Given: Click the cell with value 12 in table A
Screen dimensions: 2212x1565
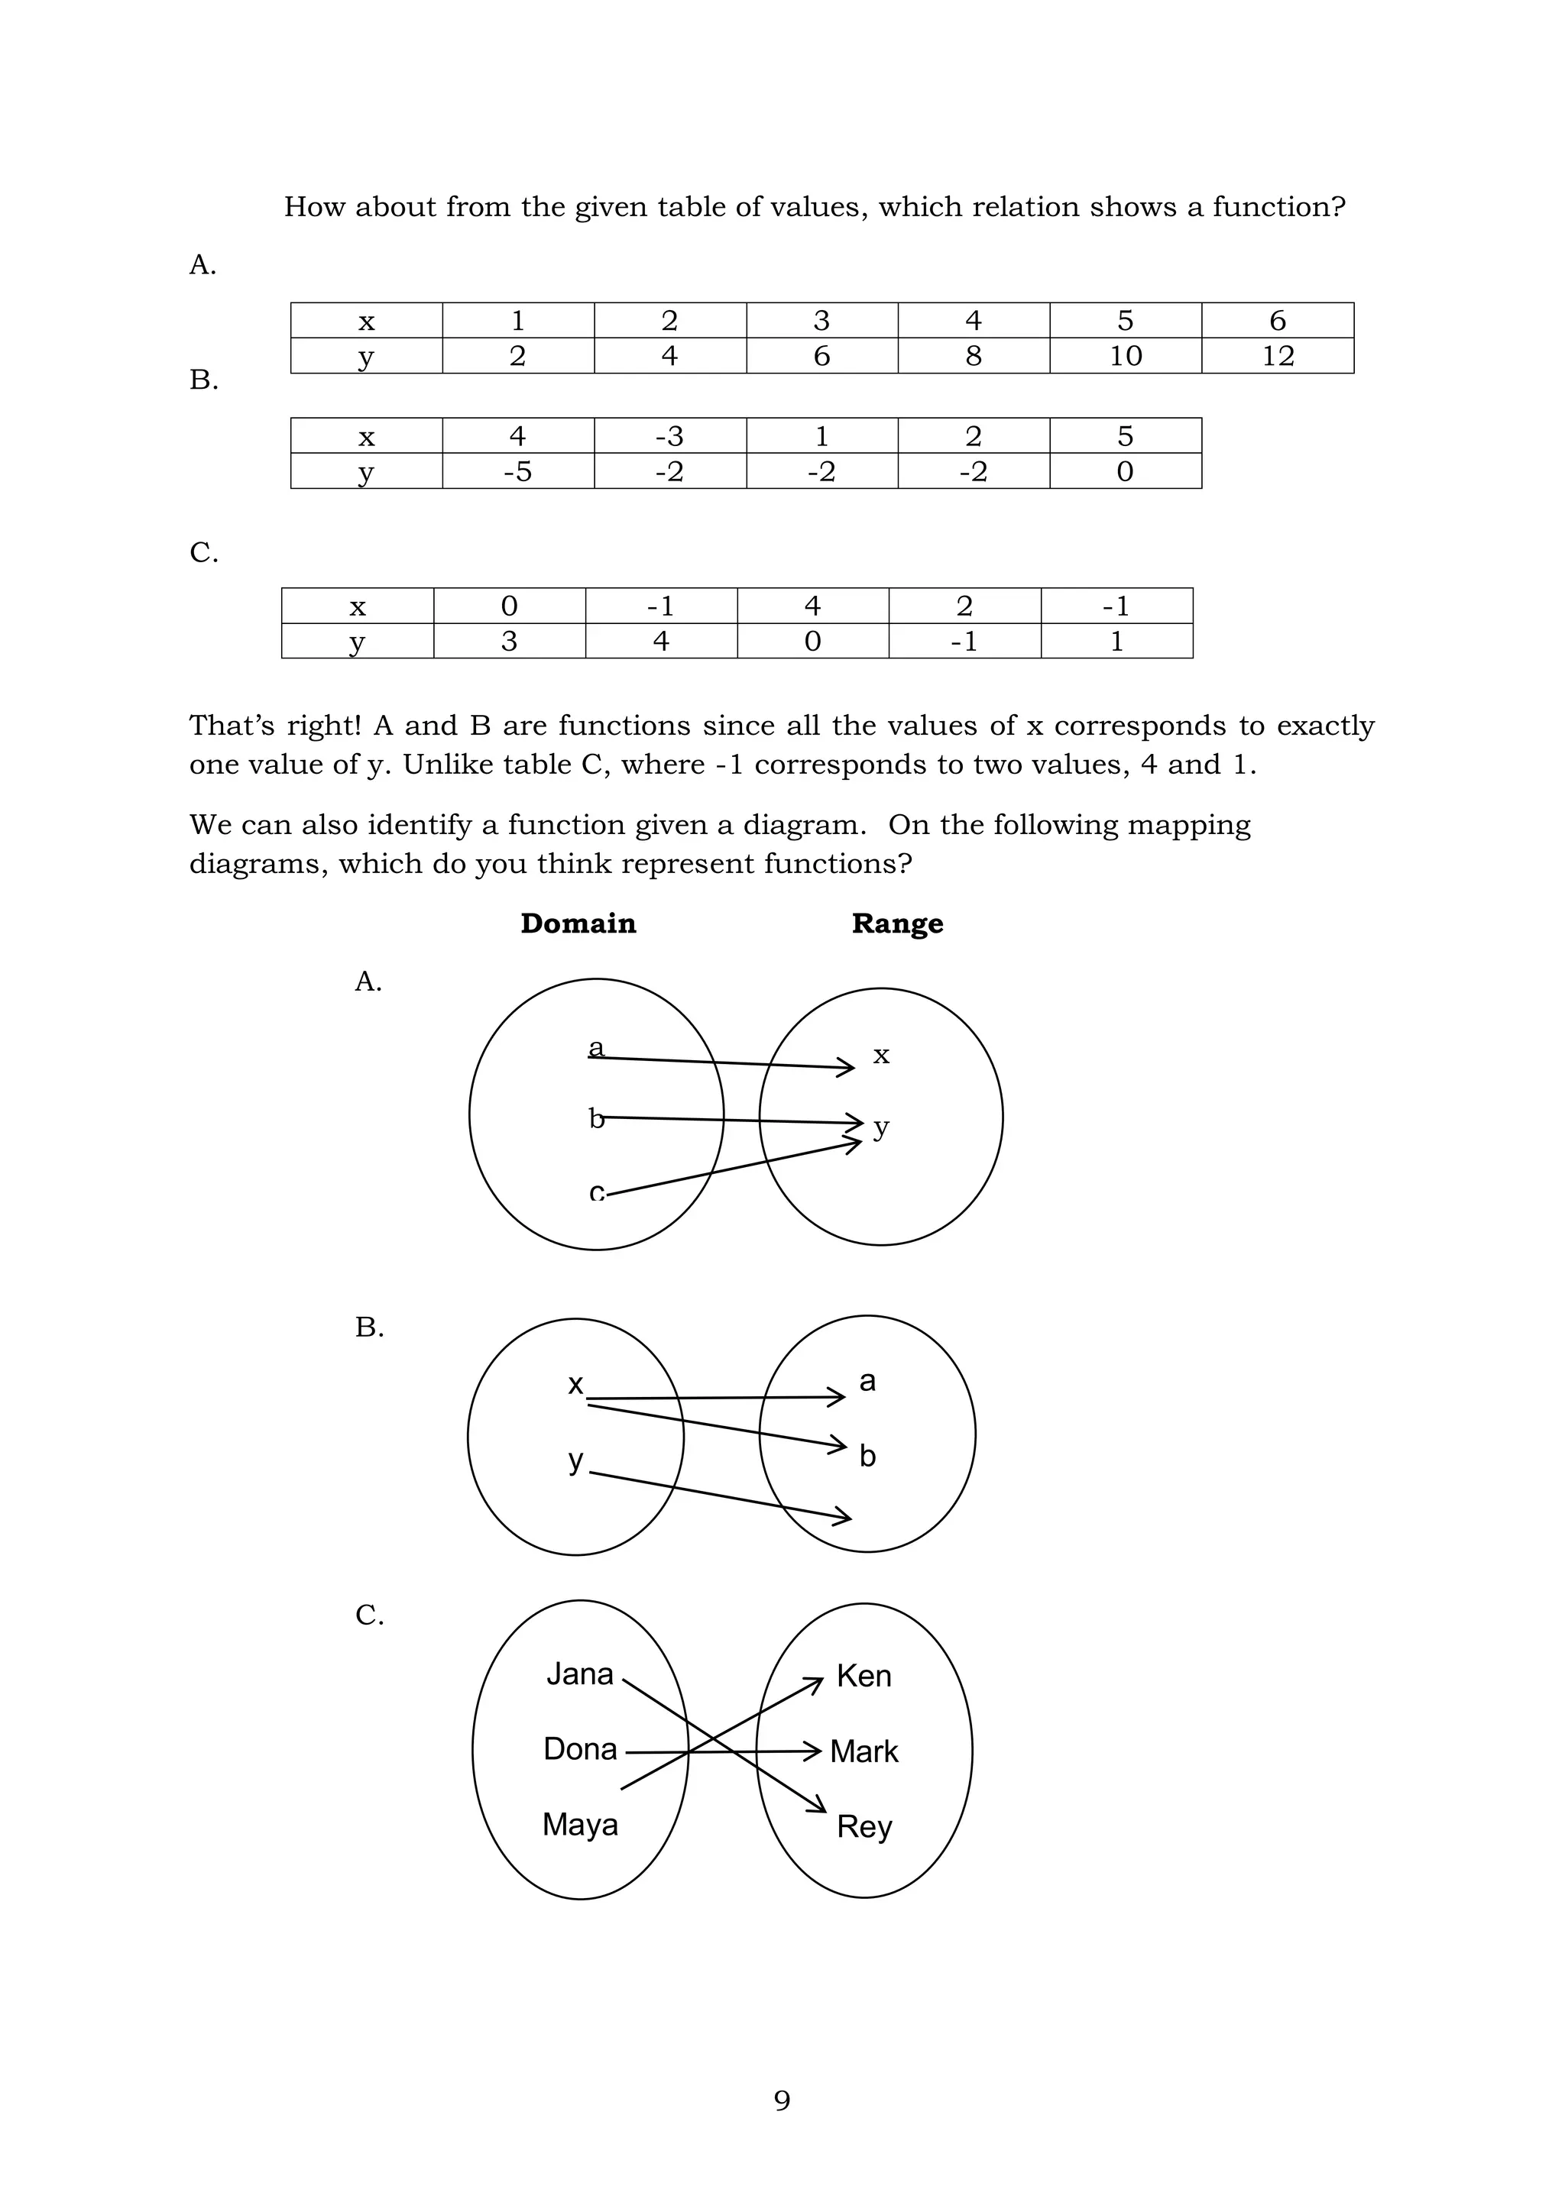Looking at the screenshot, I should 1278,355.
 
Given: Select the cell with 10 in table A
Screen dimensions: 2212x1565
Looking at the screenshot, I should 1126,355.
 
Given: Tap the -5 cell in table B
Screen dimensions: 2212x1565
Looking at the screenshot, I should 517,471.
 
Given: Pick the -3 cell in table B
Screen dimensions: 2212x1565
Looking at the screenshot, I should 669,435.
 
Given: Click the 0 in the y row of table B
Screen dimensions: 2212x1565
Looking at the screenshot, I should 1125,471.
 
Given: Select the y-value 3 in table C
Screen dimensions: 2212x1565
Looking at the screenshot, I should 509,641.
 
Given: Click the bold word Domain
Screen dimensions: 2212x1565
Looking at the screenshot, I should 578,923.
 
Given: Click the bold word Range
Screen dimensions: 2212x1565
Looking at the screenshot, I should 897,923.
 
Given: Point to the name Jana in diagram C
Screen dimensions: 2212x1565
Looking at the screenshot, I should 580,1674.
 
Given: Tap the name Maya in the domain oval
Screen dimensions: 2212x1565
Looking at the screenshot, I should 580,1824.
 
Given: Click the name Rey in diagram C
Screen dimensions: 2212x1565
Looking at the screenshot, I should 864,1826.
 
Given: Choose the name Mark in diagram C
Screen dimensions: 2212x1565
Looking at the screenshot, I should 864,1751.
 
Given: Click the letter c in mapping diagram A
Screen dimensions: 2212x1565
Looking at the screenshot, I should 597,1193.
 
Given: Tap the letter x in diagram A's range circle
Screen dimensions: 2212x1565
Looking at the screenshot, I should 881,1055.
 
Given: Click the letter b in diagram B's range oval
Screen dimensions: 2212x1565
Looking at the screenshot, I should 867,1456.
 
